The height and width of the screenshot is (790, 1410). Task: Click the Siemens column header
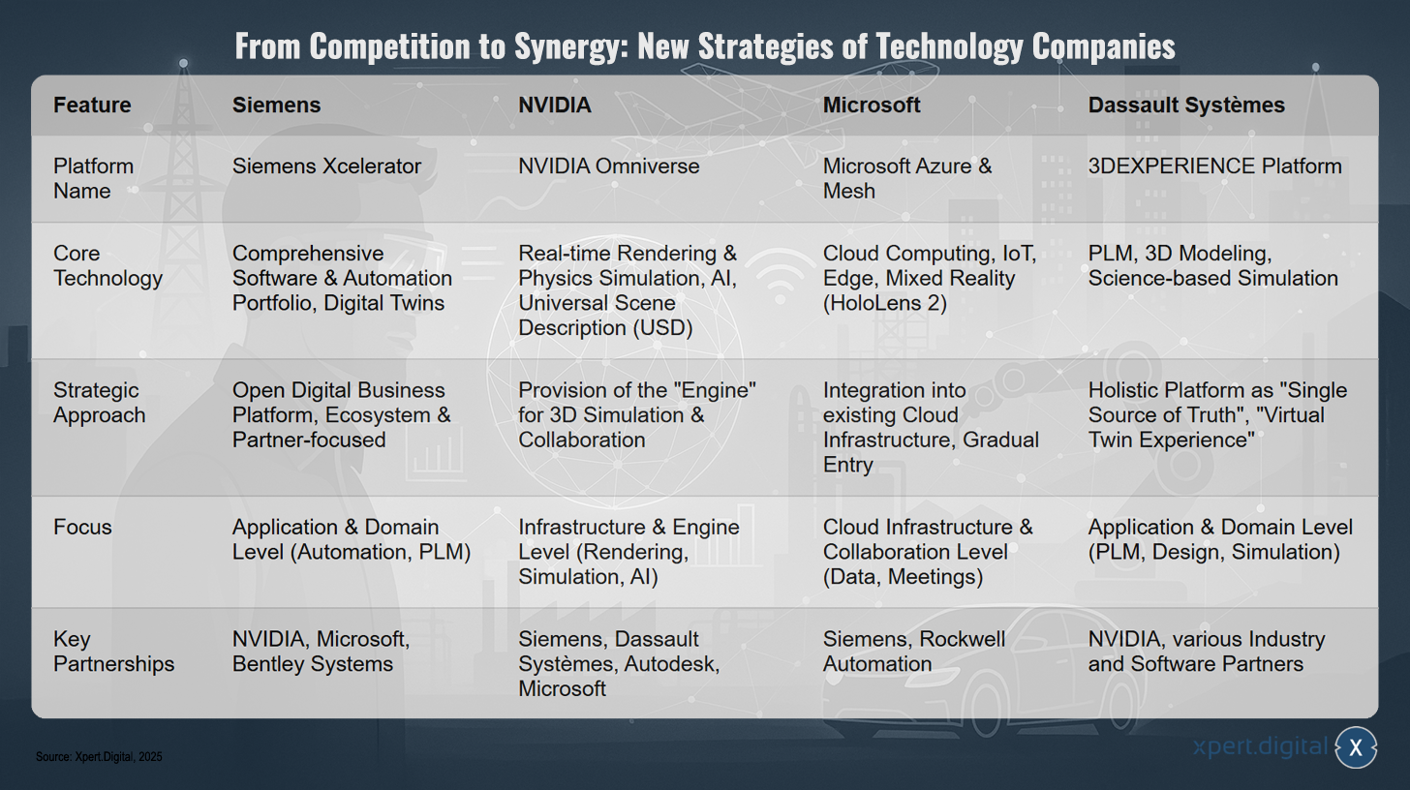(276, 106)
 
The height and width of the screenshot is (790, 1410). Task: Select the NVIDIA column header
(555, 106)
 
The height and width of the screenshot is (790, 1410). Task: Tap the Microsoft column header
(872, 106)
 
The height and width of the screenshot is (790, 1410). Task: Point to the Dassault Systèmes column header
(1186, 106)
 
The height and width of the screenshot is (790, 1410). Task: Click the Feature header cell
(92, 106)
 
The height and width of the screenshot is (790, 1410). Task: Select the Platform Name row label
(93, 178)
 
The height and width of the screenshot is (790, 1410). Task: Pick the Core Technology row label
(107, 265)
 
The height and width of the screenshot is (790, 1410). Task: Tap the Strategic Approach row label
(99, 403)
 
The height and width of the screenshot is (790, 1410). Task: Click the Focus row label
(81, 527)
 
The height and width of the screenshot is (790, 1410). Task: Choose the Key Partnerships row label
(113, 652)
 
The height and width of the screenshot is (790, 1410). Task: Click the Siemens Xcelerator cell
(326, 167)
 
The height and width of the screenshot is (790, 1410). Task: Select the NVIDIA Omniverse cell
(609, 167)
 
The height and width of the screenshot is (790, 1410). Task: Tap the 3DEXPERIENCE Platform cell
(1214, 167)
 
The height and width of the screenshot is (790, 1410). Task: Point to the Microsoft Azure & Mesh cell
(907, 178)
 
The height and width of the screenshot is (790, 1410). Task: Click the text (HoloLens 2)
(884, 303)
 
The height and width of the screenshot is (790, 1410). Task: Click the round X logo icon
(1355, 747)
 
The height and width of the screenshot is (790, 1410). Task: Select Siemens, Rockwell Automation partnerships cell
(914, 652)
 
